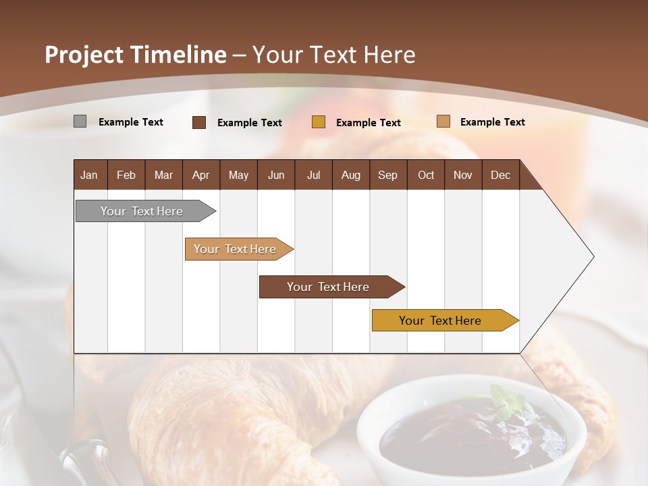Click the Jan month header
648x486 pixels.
[89, 175]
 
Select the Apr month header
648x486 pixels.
[200, 175]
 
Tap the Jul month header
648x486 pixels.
[313, 175]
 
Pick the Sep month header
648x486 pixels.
[387, 175]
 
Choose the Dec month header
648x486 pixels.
[500, 175]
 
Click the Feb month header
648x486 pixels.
[126, 175]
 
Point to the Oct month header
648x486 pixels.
[426, 175]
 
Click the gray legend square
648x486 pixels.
[80, 122]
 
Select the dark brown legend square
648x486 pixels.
[198, 122]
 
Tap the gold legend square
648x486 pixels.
[318, 122]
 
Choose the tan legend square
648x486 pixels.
[443, 122]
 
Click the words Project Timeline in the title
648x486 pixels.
[135, 55]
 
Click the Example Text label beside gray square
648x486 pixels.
[131, 122]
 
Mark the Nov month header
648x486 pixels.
[463, 175]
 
